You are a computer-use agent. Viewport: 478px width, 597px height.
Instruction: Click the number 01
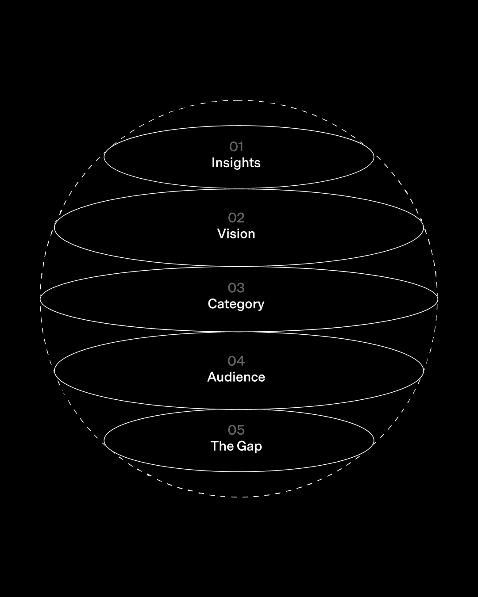(236, 146)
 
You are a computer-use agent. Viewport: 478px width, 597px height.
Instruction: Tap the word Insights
(236, 163)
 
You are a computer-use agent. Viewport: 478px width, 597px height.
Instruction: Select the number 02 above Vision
(236, 218)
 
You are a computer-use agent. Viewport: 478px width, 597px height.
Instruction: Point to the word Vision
(236, 233)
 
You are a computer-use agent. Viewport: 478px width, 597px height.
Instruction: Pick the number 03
(236, 288)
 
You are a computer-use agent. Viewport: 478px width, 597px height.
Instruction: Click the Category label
(236, 304)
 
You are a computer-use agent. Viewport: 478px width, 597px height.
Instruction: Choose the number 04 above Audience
(236, 361)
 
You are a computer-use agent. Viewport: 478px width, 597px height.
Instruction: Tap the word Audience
(236, 377)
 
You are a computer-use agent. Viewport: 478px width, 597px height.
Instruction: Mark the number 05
(236, 430)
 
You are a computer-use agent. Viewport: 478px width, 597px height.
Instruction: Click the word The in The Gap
(221, 446)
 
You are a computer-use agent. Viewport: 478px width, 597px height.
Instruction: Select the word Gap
(249, 446)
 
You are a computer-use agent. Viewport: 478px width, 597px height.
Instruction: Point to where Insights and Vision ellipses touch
(239, 188)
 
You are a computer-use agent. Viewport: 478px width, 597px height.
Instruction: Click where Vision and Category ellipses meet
(239, 266)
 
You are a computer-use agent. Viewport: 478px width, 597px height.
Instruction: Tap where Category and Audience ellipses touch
(239, 332)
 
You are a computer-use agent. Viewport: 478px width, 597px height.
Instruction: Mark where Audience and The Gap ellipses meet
(239, 409)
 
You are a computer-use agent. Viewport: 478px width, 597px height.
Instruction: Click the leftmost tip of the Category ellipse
(40, 299)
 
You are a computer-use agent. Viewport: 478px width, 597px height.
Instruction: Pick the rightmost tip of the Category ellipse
(438, 299)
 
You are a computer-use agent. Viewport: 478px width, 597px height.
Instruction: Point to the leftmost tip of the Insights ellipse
(104, 157)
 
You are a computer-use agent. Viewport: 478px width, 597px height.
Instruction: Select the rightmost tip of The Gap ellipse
(374, 440)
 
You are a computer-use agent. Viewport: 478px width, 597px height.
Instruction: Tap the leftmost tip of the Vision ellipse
(54, 227)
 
